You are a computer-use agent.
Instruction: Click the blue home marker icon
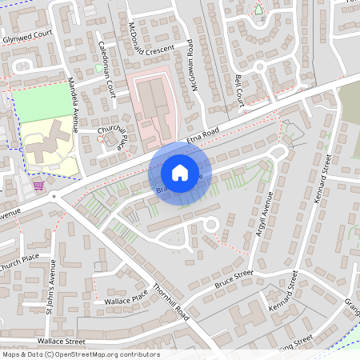(179, 172)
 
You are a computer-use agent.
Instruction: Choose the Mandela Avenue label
(73, 104)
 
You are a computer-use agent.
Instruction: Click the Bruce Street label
(233, 279)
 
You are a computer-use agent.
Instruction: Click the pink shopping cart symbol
(38, 186)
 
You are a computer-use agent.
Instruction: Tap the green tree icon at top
(258, 9)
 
